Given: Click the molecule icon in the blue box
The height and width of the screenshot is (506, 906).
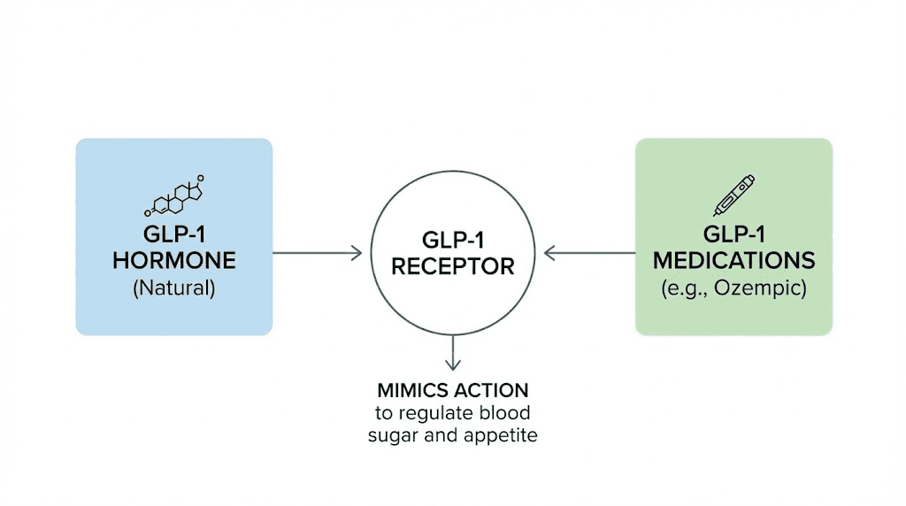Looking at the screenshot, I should [174, 196].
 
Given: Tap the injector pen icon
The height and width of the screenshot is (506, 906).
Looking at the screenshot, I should [734, 195].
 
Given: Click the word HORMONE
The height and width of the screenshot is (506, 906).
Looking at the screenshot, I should [174, 261].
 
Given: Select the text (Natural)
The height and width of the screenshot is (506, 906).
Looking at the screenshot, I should [174, 287].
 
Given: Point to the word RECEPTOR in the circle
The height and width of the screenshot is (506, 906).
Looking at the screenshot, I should [453, 266].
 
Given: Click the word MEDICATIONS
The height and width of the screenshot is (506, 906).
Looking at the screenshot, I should [734, 261].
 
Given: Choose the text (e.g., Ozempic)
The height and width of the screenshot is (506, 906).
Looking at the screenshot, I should [734, 288].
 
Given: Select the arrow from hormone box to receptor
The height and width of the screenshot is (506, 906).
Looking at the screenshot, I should [317, 253].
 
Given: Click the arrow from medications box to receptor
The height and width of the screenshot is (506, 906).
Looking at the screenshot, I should [589, 253].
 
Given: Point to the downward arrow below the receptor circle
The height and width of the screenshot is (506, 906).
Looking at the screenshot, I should [453, 353].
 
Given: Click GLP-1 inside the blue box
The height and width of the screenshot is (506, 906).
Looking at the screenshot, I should [174, 234].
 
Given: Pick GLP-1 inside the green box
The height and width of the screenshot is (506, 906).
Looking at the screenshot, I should [734, 234].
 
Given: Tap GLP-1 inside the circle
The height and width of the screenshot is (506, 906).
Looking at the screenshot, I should [453, 240].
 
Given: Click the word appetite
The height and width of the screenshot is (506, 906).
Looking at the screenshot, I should [504, 434].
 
